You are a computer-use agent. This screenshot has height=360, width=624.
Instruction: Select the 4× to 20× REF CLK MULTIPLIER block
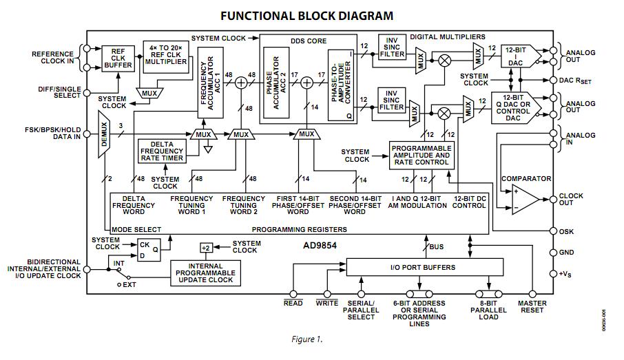(165, 56)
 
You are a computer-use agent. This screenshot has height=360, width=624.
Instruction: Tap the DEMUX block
(104, 136)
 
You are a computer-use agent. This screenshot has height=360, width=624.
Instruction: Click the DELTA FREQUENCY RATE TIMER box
(161, 152)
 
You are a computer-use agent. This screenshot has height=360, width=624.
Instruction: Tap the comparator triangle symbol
(522, 198)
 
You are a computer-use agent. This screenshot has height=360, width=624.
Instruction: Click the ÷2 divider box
(205, 247)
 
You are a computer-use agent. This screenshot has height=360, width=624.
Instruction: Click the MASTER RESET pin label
(532, 306)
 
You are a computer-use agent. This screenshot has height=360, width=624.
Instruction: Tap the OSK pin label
(567, 231)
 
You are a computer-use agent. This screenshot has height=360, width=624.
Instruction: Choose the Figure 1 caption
(306, 339)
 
